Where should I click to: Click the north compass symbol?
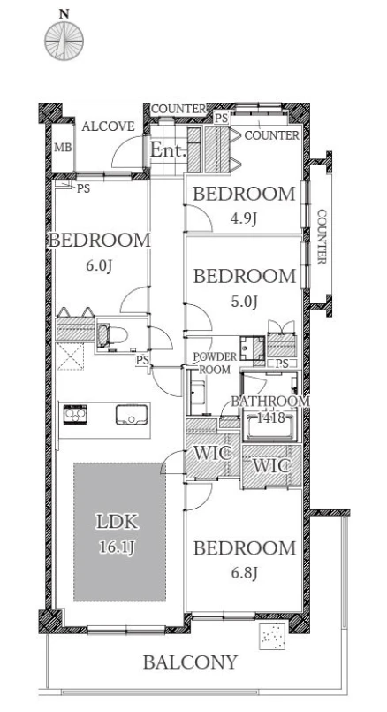[64, 41]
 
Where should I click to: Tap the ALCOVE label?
[108, 126]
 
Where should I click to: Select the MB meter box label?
[63, 148]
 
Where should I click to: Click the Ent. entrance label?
[169, 149]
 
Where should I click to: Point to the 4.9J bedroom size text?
[244, 219]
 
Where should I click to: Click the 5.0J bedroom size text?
[244, 302]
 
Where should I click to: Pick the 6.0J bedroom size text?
[99, 265]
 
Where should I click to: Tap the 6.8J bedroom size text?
[244, 573]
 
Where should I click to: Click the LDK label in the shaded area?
[117, 522]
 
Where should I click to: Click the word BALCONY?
[191, 662]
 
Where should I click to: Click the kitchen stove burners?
[75, 414]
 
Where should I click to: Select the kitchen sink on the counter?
[132, 415]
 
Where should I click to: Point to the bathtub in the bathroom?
[270, 425]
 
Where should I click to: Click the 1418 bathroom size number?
[271, 417]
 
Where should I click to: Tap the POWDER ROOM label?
[215, 363]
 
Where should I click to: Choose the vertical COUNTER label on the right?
[322, 236]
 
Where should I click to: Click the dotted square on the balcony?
[272, 636]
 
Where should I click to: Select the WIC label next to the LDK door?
[213, 453]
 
